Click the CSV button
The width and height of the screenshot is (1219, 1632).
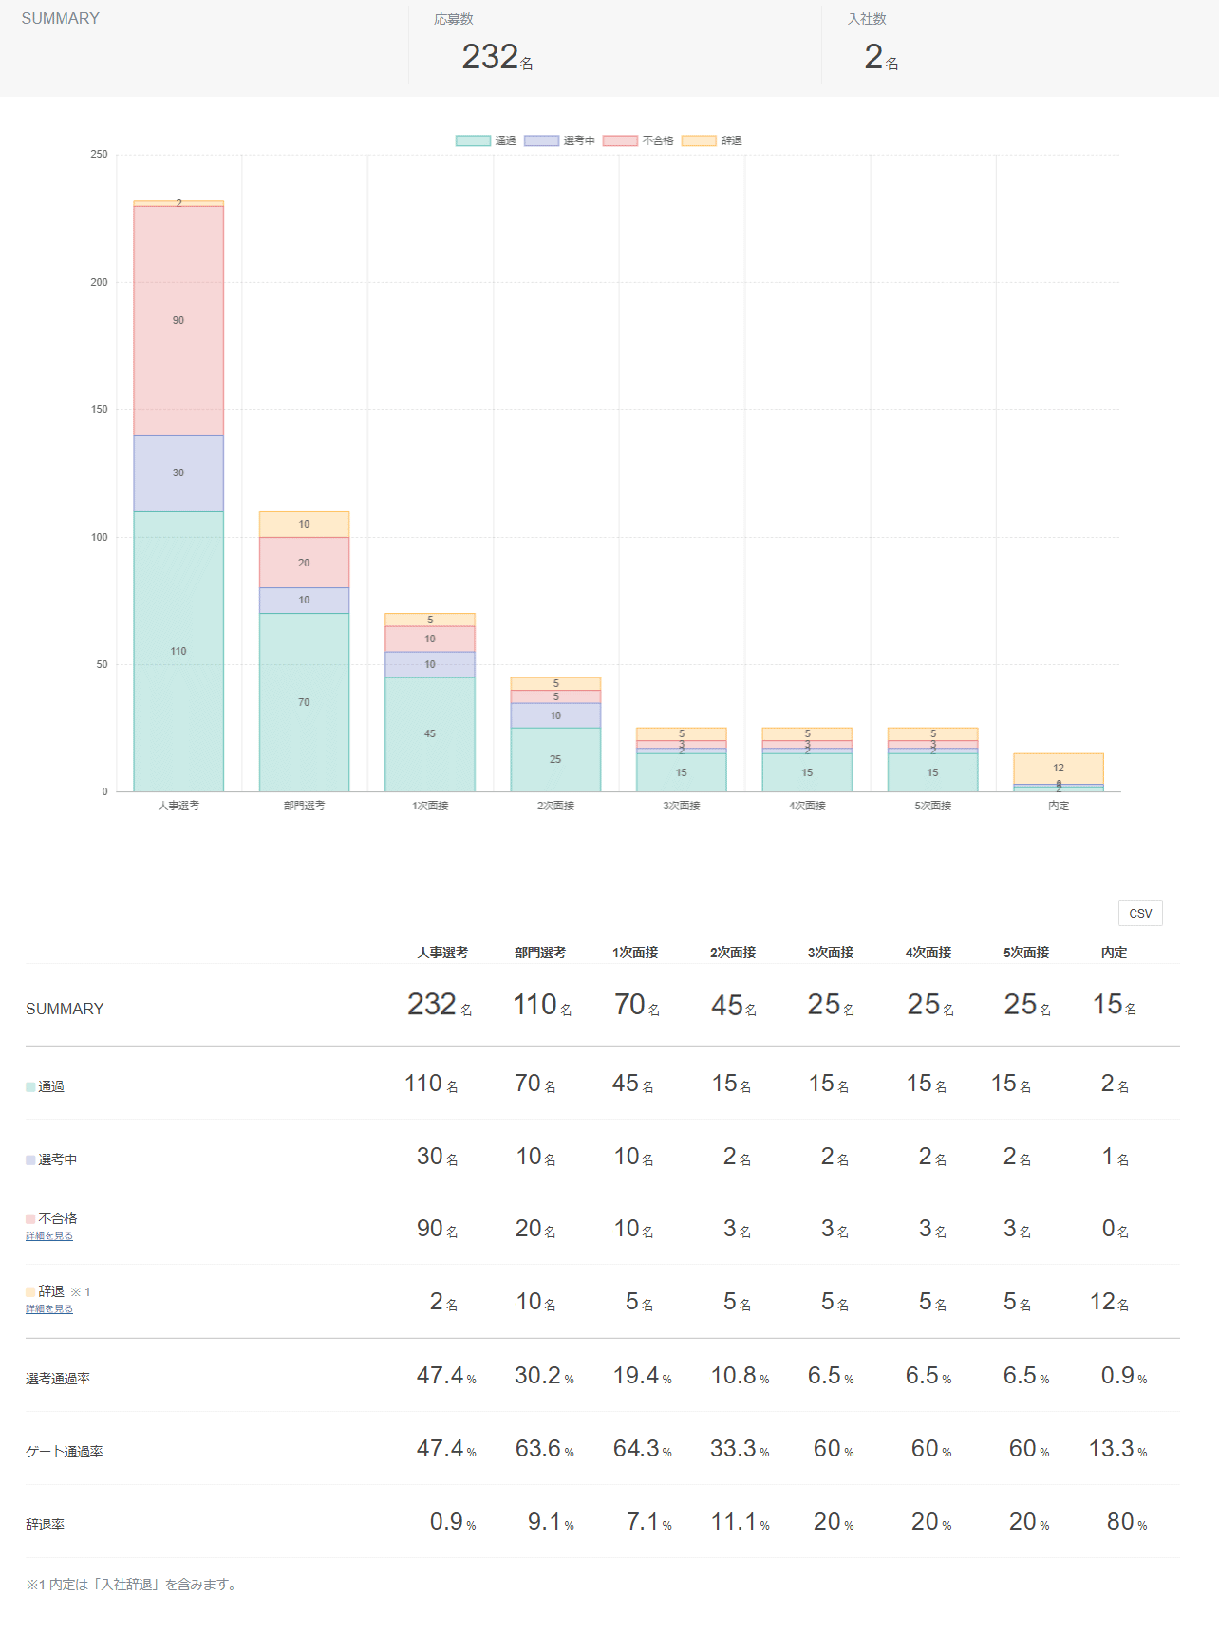click(1140, 913)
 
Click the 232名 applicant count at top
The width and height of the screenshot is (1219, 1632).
click(497, 58)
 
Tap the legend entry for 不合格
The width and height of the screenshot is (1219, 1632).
click(638, 140)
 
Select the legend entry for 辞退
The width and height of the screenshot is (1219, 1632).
click(712, 140)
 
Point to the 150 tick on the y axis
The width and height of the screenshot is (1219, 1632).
click(100, 409)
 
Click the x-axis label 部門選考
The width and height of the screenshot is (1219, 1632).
click(304, 806)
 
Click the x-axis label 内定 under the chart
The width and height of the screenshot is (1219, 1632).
click(1059, 806)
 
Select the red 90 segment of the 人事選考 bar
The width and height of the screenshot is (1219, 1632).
click(178, 320)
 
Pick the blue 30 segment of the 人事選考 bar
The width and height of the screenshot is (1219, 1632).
click(178, 473)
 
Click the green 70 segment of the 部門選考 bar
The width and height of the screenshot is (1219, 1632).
click(304, 702)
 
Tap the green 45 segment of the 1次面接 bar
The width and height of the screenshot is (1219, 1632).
click(430, 733)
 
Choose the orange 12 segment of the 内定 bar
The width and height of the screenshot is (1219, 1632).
click(1059, 768)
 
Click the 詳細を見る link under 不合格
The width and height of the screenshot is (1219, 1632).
click(49, 1236)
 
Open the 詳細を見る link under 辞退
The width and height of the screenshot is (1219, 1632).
click(49, 1309)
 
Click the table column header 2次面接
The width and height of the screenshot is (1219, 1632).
click(733, 953)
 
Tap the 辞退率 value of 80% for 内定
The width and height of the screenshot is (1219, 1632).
click(1126, 1522)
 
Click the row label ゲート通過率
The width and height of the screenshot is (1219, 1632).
click(65, 1452)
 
